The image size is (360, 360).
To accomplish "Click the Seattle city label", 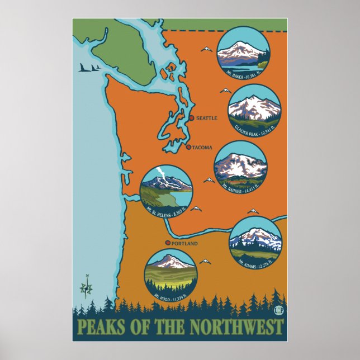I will [x=206, y=119].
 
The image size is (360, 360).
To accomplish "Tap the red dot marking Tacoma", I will [x=188, y=147].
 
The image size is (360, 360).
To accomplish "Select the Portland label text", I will [x=185, y=244].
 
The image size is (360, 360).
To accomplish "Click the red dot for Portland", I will [x=168, y=243].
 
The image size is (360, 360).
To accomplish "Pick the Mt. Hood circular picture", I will [x=169, y=274].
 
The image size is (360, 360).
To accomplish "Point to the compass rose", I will [x=86, y=287].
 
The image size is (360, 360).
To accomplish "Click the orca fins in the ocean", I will [x=90, y=68].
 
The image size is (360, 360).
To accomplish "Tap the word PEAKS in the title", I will [x=99, y=325].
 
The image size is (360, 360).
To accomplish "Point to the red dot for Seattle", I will [x=191, y=118].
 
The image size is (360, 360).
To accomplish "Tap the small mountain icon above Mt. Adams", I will [x=253, y=211].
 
